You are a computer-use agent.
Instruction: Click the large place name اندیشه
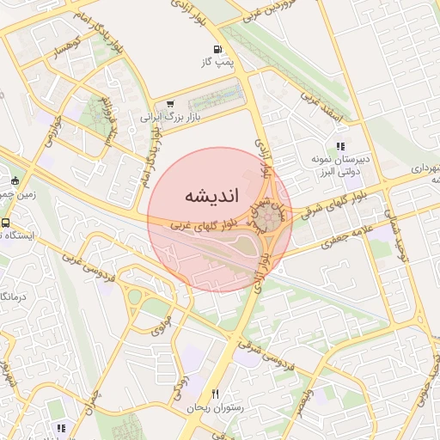pos(206,196)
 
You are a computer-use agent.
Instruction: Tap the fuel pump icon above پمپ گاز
pos(217,49)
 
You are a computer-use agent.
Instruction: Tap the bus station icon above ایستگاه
pos(5,223)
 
